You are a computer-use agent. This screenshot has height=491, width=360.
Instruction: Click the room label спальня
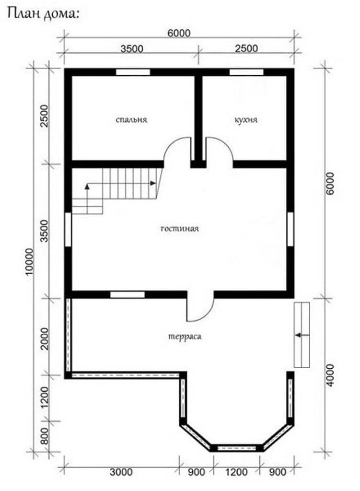[x=131, y=119]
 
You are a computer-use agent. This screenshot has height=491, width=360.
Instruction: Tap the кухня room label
[x=246, y=119]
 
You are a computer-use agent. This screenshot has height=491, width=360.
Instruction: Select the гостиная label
[x=180, y=228]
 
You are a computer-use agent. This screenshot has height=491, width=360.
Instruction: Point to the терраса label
[x=185, y=337]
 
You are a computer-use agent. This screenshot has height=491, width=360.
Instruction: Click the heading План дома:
[x=43, y=14]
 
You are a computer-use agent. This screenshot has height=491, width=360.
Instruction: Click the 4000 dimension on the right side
[x=330, y=375]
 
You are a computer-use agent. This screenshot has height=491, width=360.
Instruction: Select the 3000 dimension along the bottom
[x=121, y=472]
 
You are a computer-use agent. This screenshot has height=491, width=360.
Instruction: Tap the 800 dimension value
[x=45, y=436]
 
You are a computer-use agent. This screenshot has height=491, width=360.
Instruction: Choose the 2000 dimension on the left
[x=45, y=339]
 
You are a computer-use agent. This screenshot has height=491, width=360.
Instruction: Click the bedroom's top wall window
[x=133, y=72]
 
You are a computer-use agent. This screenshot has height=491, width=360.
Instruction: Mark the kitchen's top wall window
[x=246, y=72]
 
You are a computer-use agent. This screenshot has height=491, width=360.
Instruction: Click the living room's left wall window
[x=68, y=230]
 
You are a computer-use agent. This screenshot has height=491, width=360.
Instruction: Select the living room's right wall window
[x=290, y=229]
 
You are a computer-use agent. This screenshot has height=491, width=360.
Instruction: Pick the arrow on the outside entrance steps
[x=302, y=335]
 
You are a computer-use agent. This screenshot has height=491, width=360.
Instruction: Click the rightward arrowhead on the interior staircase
[x=153, y=183]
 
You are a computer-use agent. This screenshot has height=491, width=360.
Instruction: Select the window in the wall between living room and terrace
[x=128, y=295]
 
